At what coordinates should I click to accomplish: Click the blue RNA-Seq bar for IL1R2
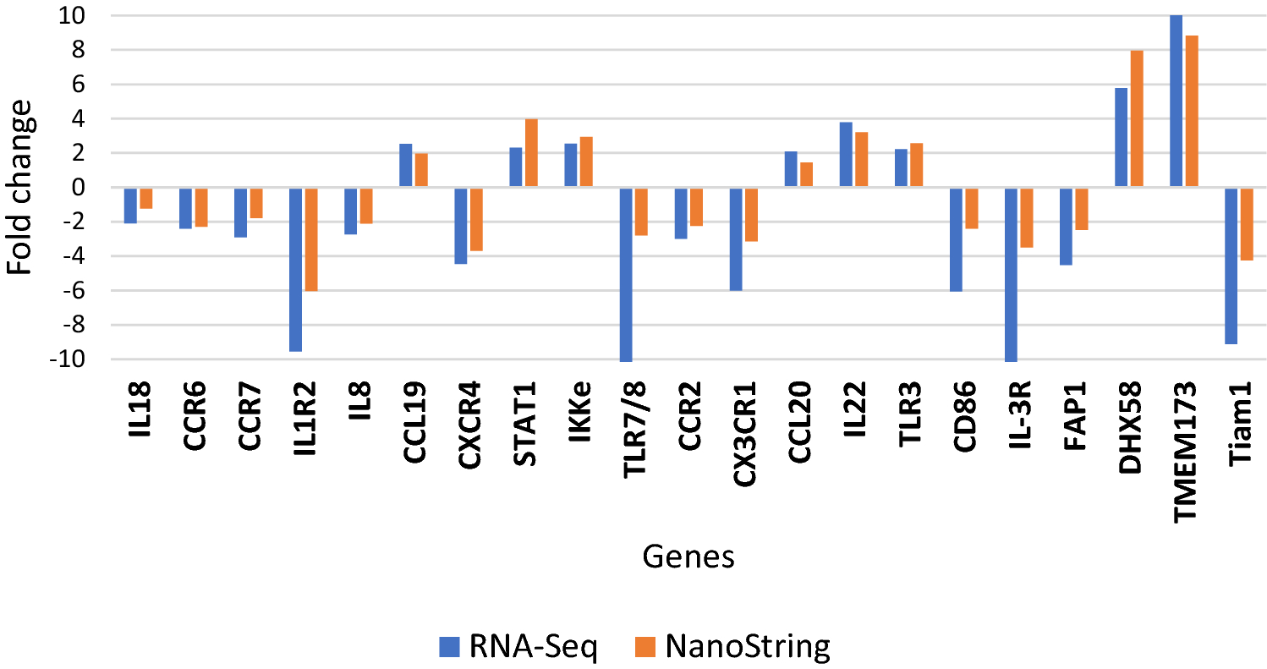pyautogui.click(x=295, y=269)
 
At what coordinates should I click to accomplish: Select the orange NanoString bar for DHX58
pyautogui.click(x=1137, y=119)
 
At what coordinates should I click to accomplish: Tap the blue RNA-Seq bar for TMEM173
pyautogui.click(x=1176, y=101)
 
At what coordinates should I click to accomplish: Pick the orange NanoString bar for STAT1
pyautogui.click(x=531, y=153)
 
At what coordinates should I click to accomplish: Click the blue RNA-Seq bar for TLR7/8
pyautogui.click(x=626, y=274)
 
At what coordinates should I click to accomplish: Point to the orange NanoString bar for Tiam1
pyautogui.click(x=1247, y=224)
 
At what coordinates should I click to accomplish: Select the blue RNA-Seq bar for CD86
pyautogui.click(x=956, y=239)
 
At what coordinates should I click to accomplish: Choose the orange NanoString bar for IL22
pyautogui.click(x=861, y=160)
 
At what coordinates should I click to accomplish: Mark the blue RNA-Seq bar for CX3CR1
pyautogui.click(x=736, y=239)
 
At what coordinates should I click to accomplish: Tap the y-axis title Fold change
pyautogui.click(x=23, y=187)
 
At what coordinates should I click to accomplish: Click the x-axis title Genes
pyautogui.click(x=688, y=557)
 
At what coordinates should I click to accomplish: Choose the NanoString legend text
pyautogui.click(x=748, y=647)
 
